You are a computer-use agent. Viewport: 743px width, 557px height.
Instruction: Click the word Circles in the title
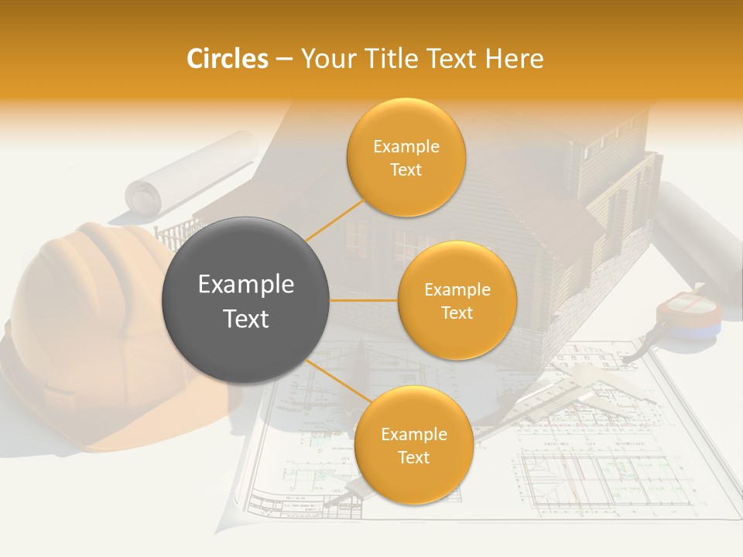tap(227, 59)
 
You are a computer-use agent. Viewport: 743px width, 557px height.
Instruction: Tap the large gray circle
tap(245, 300)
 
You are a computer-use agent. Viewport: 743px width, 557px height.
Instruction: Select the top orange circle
tap(406, 157)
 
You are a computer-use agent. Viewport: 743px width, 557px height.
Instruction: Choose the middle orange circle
tap(457, 300)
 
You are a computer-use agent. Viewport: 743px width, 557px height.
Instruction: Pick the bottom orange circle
tap(413, 446)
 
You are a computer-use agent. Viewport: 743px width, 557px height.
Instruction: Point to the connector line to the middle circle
tap(364, 300)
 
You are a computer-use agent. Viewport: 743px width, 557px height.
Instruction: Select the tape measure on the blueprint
tap(687, 317)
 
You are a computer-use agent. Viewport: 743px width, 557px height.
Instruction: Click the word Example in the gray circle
tap(245, 285)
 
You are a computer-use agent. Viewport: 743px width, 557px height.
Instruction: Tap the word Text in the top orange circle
tap(406, 170)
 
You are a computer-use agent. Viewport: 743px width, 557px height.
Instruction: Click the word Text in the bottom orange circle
tap(413, 457)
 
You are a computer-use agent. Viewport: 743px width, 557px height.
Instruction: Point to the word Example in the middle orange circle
tap(457, 289)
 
